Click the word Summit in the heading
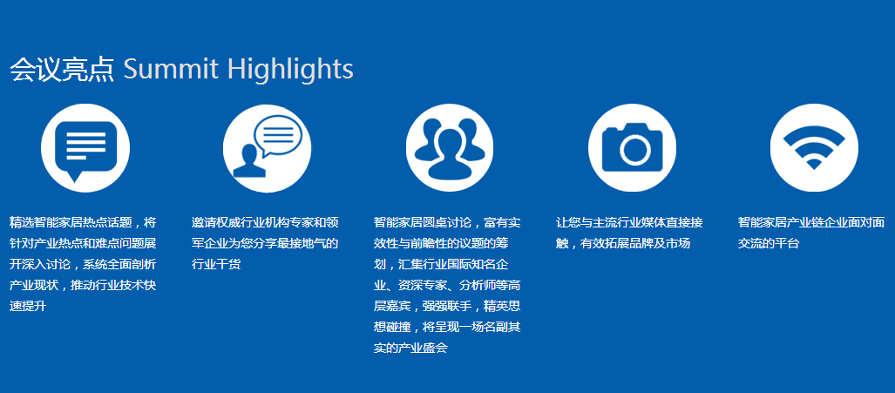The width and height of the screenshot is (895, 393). [171, 69]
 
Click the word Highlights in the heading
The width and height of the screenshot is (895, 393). [290, 70]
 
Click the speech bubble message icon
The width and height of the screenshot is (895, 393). [85, 148]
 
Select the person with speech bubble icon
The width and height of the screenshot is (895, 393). [268, 148]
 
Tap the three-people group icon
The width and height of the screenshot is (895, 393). [450, 148]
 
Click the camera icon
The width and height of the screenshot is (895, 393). [633, 148]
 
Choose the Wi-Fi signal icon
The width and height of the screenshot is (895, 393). [815, 148]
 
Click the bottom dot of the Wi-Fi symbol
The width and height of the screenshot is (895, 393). [815, 164]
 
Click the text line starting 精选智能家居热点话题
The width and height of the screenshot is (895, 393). [83, 222]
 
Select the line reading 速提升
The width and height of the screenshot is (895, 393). [28, 307]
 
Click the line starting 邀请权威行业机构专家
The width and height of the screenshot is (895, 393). [266, 222]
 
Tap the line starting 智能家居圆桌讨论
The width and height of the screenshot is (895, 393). [447, 222]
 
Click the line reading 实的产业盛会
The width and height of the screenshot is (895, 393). [410, 348]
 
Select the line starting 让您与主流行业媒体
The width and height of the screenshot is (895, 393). [629, 222]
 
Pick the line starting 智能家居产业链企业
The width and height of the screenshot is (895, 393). [811, 222]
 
